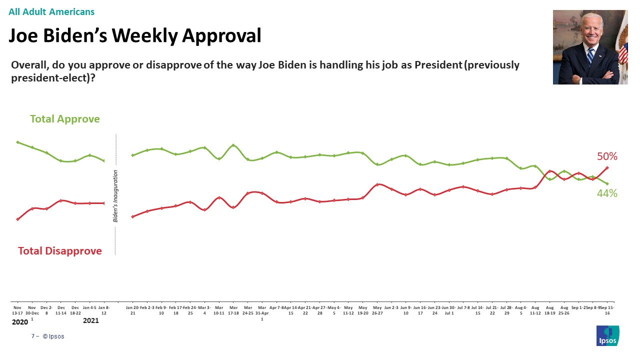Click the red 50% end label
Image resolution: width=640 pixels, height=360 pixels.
607,156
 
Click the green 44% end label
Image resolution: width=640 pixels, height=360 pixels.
607,193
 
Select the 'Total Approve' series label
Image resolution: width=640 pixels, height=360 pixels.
64,119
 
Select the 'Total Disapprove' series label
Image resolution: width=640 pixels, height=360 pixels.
60,251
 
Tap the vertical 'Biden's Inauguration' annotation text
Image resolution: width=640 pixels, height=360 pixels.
115,195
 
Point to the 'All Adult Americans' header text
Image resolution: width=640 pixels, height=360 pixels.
51,12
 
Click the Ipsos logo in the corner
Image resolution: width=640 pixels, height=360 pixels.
607,335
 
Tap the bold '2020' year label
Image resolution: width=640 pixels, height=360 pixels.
20,321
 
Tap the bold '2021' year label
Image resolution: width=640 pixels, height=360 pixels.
90,321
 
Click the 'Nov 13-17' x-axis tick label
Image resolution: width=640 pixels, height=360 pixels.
17,310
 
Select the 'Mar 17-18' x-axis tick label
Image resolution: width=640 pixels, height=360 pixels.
233,310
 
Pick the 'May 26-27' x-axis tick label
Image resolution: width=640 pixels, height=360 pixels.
377,310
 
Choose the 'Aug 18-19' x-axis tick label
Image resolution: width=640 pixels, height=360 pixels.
550,310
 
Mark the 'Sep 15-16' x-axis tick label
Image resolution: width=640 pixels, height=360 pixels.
607,310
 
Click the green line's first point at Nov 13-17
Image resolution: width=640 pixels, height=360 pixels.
17,142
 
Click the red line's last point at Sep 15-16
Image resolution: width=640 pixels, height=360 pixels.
607,168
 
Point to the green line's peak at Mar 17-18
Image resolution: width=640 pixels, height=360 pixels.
233,145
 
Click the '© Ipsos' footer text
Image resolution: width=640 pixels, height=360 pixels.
53,336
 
